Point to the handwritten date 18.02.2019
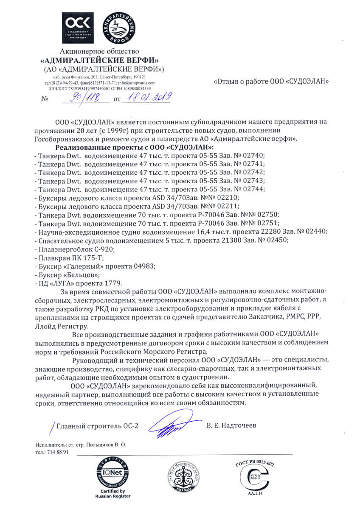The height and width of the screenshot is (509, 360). tap(146, 98)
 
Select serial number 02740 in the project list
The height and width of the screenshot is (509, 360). tap(253, 155)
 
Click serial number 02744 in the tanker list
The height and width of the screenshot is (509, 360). tap(253, 189)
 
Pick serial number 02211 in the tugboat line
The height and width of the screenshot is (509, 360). tap(228, 206)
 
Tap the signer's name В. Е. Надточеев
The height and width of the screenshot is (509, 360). tap(232, 425)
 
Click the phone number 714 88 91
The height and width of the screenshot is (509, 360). tap(57, 452)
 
